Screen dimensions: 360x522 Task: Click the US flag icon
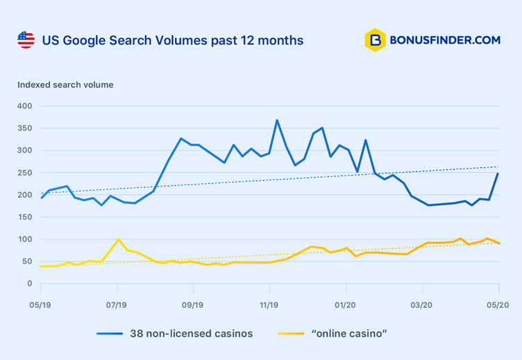(x=26, y=40)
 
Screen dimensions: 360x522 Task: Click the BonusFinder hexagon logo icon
(x=375, y=40)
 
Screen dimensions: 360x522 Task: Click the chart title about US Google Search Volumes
(x=173, y=40)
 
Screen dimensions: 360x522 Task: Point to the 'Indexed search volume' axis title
(x=65, y=85)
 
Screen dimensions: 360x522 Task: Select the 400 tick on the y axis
(x=25, y=106)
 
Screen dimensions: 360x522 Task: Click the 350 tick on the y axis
(x=25, y=128)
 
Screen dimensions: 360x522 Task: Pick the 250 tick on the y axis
(x=25, y=173)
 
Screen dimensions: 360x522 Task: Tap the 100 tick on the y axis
(x=25, y=239)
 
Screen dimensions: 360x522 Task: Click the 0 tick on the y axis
(x=29, y=284)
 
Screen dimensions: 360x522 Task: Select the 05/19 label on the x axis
(x=40, y=305)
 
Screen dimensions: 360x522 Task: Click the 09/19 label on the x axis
(x=193, y=305)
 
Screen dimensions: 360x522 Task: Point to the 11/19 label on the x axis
(x=269, y=305)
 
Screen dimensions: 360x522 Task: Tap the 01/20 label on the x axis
(x=346, y=305)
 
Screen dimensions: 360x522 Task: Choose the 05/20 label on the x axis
(x=498, y=305)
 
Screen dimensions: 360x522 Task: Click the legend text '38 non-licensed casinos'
(x=192, y=334)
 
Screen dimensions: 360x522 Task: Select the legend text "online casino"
(x=350, y=334)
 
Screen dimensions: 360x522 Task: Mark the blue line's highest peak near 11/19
(x=277, y=120)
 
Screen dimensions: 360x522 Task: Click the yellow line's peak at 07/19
(x=119, y=239)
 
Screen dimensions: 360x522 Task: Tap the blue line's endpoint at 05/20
(x=498, y=173)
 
